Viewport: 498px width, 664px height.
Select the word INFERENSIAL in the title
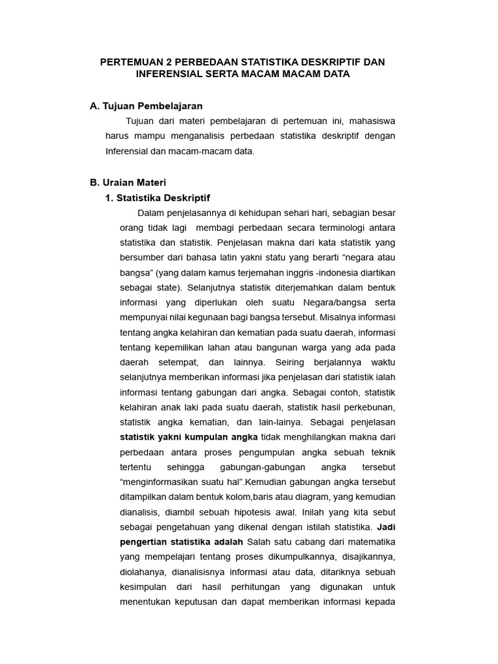pyautogui.click(x=169, y=74)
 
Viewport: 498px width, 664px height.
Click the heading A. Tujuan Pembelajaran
pyautogui.click(x=146, y=105)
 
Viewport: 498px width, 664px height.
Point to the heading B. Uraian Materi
pyautogui.click(x=128, y=183)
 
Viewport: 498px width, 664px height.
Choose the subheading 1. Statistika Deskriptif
pyautogui.click(x=158, y=197)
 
